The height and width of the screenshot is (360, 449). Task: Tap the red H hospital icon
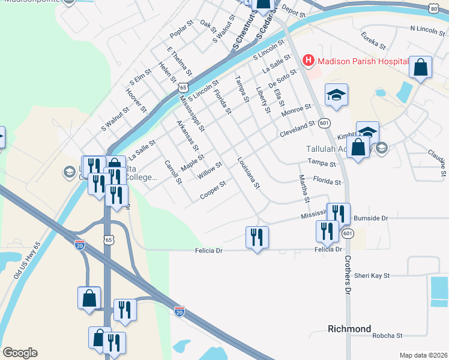(x=309, y=60)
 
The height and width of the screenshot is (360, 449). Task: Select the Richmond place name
(x=349, y=329)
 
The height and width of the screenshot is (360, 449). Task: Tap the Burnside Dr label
(x=371, y=218)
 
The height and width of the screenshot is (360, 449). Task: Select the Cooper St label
(x=214, y=188)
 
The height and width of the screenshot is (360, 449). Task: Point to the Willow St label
(x=210, y=170)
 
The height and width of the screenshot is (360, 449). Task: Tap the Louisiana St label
(x=248, y=173)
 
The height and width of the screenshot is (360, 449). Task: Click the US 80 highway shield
(x=433, y=8)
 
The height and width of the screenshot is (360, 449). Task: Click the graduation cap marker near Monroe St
(x=337, y=94)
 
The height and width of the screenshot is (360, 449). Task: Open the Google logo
(x=20, y=353)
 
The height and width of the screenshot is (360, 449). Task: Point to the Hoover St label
(x=136, y=99)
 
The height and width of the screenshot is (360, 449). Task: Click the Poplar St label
(x=180, y=31)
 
